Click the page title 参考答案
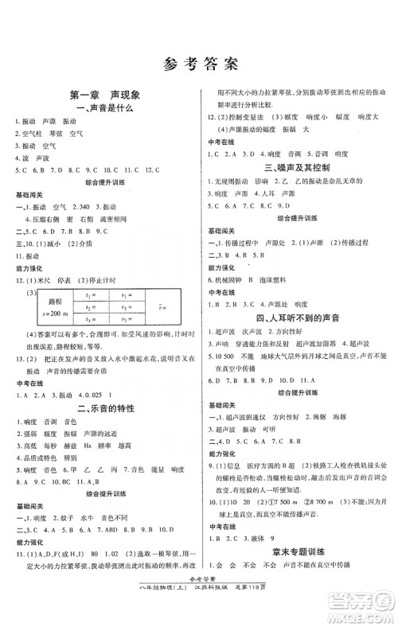(x=200, y=62)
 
